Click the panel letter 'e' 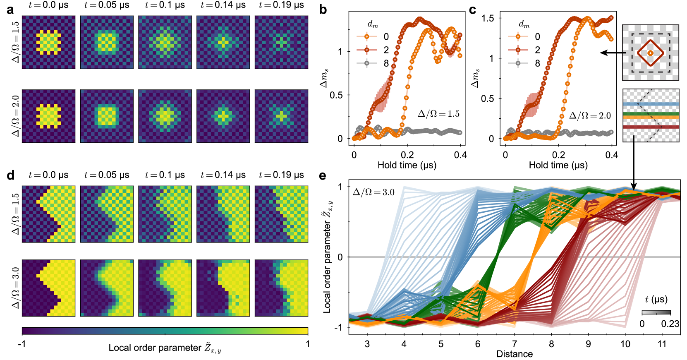pyautogui.click(x=323, y=175)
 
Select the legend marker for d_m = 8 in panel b pyautogui.click(x=366, y=63)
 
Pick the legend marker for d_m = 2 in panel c pyautogui.click(x=518, y=50)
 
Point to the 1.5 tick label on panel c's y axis pyautogui.click(x=488, y=18)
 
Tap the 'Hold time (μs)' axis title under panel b pyautogui.click(x=407, y=165)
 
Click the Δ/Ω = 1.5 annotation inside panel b pyautogui.click(x=438, y=114)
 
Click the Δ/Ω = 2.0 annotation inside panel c pyautogui.click(x=590, y=115)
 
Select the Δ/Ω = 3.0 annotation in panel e pyautogui.click(x=373, y=192)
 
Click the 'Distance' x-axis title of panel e pyautogui.click(x=515, y=354)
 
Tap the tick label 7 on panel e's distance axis pyautogui.click(x=515, y=344)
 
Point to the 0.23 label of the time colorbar pyautogui.click(x=670, y=324)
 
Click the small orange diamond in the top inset pyautogui.click(x=650, y=53)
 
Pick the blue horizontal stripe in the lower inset pyautogui.click(x=651, y=105)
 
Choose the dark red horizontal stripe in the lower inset pyautogui.click(x=651, y=127)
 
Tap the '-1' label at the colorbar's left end pyautogui.click(x=22, y=344)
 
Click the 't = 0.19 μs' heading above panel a pyautogui.click(x=281, y=5)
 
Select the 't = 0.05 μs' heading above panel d pyautogui.click(x=107, y=175)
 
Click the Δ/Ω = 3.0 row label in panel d pyautogui.click(x=15, y=288)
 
